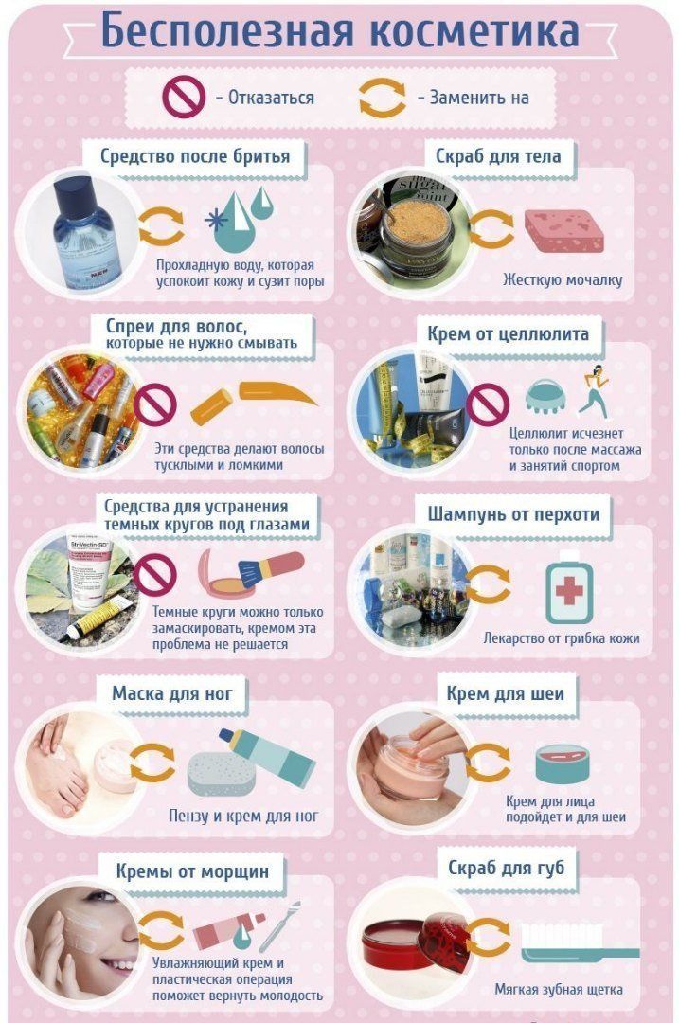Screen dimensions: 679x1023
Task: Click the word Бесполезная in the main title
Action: point(226,31)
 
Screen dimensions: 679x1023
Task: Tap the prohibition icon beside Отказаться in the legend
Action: point(184,98)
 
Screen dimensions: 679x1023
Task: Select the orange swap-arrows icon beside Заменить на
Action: point(383,98)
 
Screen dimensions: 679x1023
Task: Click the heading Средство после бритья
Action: point(194,156)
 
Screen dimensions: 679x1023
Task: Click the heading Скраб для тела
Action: point(498,156)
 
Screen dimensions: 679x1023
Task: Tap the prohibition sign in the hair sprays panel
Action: point(155,404)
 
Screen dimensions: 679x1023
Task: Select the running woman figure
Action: point(594,391)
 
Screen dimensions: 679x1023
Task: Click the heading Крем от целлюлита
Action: point(509,334)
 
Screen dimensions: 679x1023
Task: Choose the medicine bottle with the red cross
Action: point(569,588)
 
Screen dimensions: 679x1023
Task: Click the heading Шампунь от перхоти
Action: point(513,514)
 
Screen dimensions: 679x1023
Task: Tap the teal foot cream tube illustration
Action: point(267,757)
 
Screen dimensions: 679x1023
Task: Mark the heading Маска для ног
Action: point(172,692)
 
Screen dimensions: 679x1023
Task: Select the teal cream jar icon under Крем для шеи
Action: point(563,763)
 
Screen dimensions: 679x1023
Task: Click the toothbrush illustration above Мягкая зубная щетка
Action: point(580,942)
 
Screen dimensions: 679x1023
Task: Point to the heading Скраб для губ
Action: point(506,869)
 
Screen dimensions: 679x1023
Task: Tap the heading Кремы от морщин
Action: point(192,871)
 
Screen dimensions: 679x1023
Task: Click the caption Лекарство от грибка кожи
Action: point(562,638)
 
